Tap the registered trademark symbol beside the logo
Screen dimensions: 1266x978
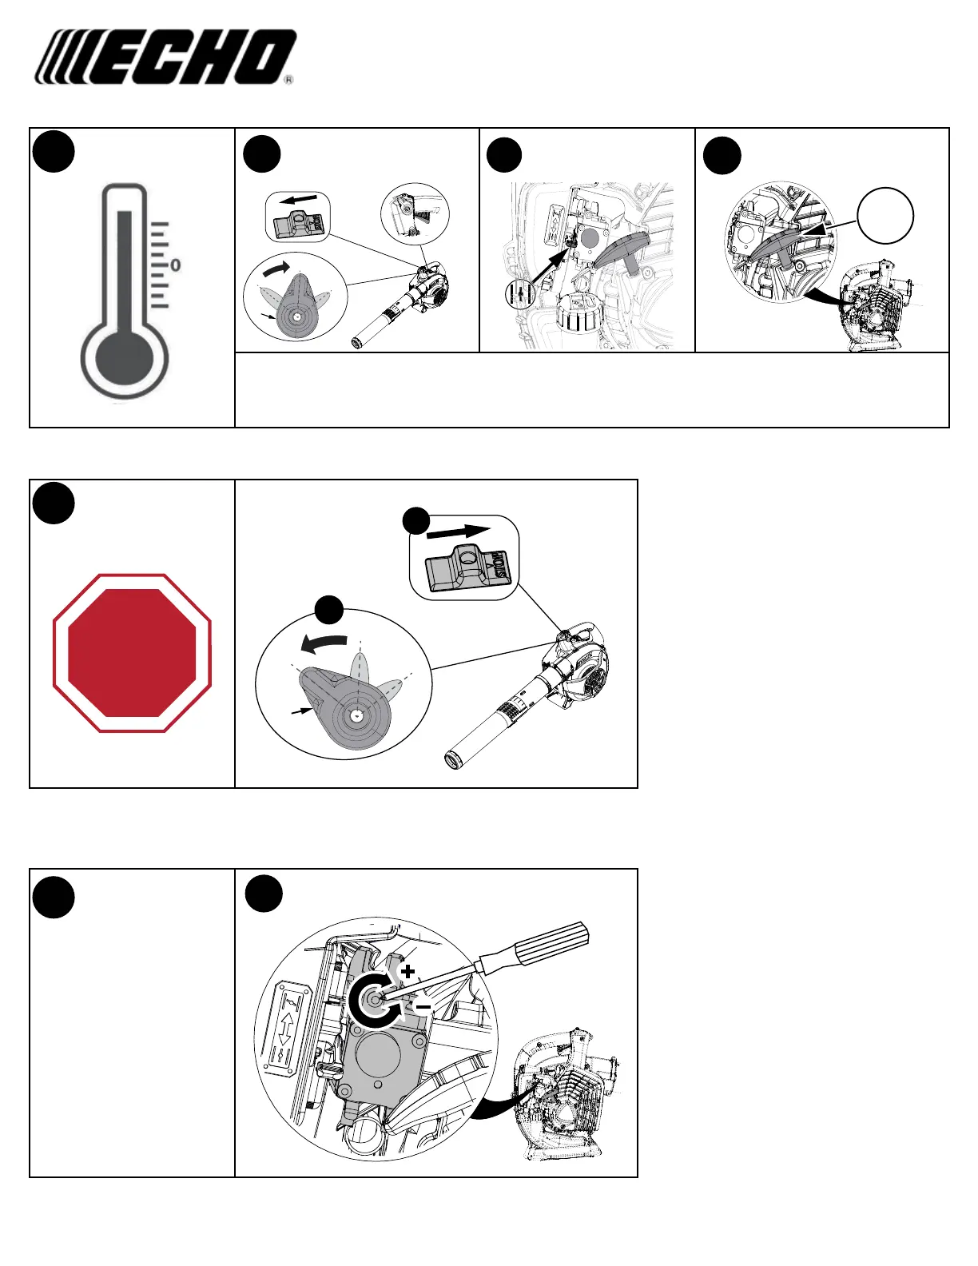coord(288,80)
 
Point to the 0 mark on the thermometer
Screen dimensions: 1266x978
coord(175,265)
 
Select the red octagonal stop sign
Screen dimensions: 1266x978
coord(132,652)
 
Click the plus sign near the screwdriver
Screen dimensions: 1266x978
coord(408,972)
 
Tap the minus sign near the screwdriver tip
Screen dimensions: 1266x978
coord(423,1005)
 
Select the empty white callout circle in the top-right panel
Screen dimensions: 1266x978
coord(885,216)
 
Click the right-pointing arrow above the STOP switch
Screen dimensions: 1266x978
coord(459,531)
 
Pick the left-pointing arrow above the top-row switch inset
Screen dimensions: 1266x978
coord(297,202)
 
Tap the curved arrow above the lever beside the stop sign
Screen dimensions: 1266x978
coord(324,642)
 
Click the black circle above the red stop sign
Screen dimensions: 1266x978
coord(54,503)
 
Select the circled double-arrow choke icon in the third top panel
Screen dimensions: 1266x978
coord(520,295)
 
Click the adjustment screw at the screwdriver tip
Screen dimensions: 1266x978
coord(372,999)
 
